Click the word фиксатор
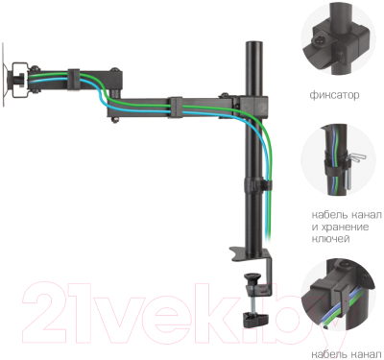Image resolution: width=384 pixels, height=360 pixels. [x=334, y=95]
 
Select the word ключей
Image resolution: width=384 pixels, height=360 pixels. [x=330, y=239]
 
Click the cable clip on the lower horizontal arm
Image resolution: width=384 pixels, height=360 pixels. [x=177, y=108]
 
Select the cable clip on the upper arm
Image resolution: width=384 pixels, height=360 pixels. [x=74, y=79]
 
